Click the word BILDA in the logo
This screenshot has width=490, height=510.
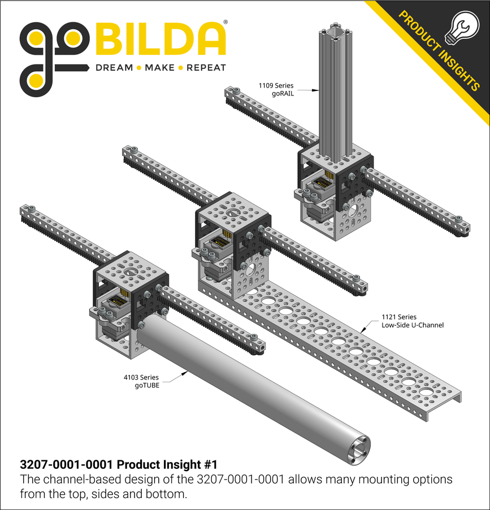pos(161,40)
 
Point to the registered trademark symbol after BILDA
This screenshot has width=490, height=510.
pos(226,23)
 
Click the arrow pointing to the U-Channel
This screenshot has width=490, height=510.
pos(370,324)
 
